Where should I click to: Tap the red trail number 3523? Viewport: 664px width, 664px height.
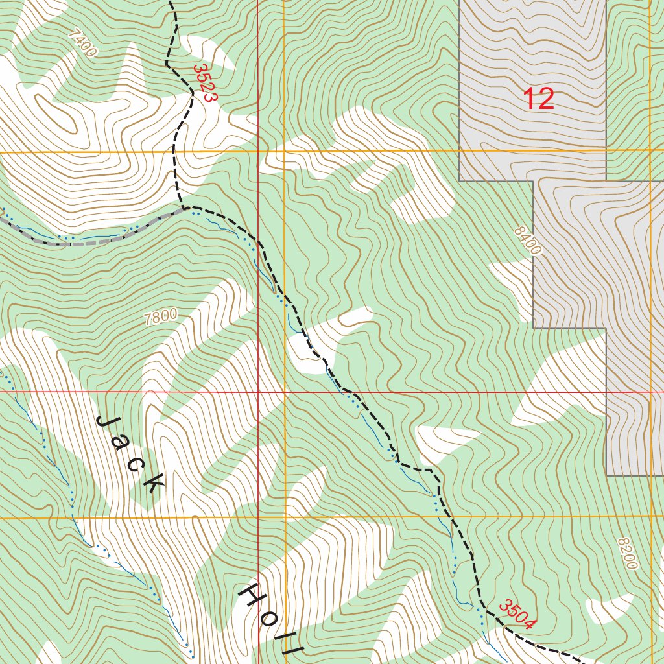[x=203, y=82]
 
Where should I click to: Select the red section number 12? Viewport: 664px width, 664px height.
[x=538, y=99]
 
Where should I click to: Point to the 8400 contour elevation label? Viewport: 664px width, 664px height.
[x=527, y=241]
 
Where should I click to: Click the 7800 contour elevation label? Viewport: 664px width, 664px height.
[x=161, y=317]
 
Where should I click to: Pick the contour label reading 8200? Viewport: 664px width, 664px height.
[x=628, y=554]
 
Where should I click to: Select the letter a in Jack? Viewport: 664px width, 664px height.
[x=121, y=443]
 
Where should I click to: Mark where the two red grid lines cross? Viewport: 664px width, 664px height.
[x=258, y=392]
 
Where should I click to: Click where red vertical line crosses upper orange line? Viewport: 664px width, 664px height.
[x=258, y=152]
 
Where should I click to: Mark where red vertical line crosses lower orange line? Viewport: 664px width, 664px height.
[x=258, y=517]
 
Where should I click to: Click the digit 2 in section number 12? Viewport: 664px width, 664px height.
[x=547, y=99]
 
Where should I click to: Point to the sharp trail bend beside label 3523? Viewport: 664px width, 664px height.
[x=193, y=94]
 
